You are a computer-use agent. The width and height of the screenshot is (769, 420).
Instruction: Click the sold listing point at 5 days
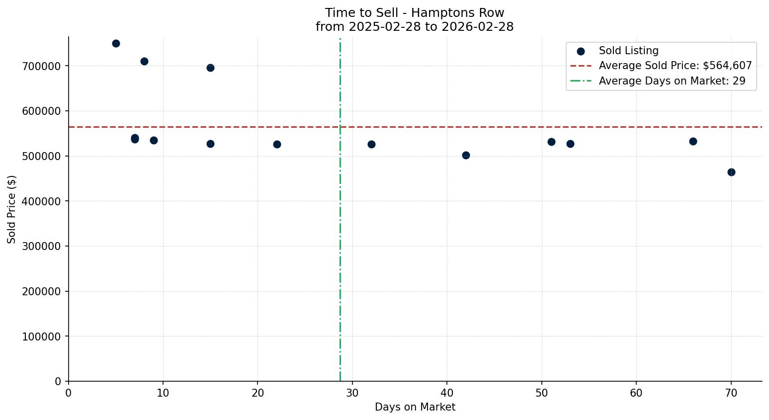point(116,43)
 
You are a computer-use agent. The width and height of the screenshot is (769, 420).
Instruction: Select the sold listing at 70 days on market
point(731,172)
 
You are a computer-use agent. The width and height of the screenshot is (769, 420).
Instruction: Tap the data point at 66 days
point(693,141)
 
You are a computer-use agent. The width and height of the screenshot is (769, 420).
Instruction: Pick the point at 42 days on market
point(466,155)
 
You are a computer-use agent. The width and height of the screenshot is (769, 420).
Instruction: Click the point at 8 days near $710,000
point(144,61)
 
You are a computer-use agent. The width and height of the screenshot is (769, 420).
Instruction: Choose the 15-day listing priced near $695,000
point(210,68)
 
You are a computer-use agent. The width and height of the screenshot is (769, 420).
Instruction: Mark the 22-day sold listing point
point(277,144)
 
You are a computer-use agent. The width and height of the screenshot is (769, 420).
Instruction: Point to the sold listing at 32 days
point(371,144)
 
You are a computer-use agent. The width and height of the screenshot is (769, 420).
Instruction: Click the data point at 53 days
point(570,144)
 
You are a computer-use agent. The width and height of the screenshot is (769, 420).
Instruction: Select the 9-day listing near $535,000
point(154,140)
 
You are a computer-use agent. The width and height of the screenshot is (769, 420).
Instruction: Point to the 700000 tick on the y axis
point(41,66)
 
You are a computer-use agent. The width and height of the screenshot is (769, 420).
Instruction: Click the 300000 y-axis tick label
point(41,247)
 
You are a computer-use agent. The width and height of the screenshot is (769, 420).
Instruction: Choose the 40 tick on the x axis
point(447,393)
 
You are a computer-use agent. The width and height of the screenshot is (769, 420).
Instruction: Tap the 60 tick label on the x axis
point(636,393)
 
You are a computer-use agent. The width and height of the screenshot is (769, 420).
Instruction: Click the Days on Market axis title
point(415,407)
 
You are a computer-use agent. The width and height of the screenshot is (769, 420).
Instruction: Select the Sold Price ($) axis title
point(11,209)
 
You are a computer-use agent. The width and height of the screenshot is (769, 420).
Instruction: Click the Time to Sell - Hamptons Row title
point(415,13)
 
